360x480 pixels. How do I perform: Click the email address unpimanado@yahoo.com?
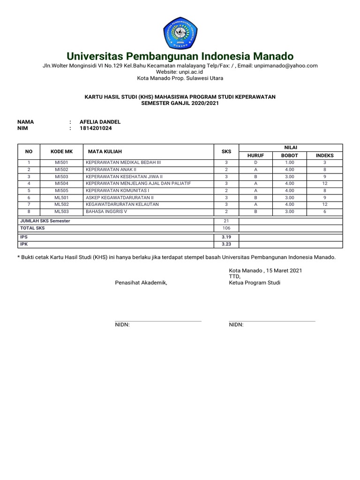pyautogui.click(x=286, y=66)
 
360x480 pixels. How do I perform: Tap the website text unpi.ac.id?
pyautogui.click(x=189, y=72)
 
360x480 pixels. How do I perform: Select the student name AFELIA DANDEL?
pyautogui.click(x=100, y=122)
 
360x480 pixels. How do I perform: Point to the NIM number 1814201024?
pyautogui.click(x=96, y=128)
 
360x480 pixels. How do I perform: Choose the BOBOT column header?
pyautogui.click(x=289, y=155)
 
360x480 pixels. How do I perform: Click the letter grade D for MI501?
pyautogui.click(x=255, y=162)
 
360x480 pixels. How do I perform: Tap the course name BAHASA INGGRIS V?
pyautogui.click(x=106, y=211)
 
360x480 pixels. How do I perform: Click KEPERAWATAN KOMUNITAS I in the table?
pyautogui.click(x=117, y=190)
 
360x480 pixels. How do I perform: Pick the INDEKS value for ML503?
pyautogui.click(x=324, y=211)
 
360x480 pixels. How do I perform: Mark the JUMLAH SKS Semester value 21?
pyautogui.click(x=226, y=221)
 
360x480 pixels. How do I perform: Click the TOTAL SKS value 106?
pyautogui.click(x=226, y=228)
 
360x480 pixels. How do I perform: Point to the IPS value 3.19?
pyautogui.click(x=226, y=237)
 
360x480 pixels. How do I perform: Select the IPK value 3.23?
pyautogui.click(x=226, y=244)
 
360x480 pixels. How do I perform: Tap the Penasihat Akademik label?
pyautogui.click(x=141, y=283)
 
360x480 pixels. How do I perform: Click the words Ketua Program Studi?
pyautogui.click(x=255, y=283)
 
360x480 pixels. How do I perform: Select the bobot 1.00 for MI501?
pyautogui.click(x=289, y=162)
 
